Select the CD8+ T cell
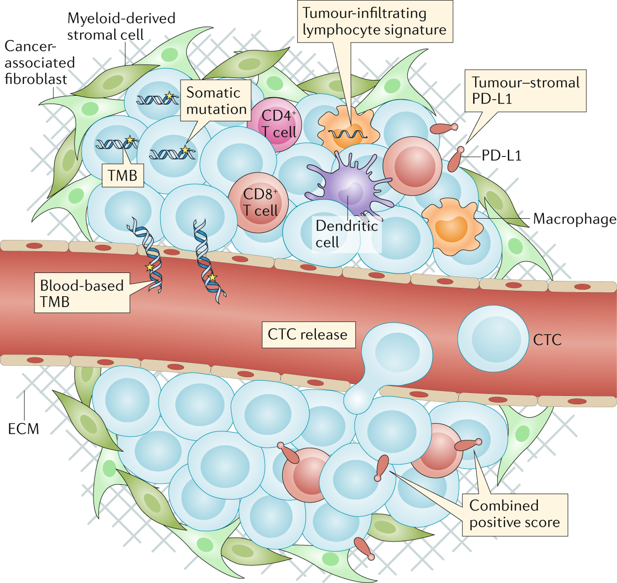click(259, 202)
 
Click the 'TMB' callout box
click(123, 176)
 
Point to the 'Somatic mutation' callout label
click(216, 101)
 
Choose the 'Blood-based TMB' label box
click(82, 293)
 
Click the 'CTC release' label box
click(308, 335)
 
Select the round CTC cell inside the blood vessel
click(492, 339)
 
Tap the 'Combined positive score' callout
click(514, 514)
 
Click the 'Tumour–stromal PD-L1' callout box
click(525, 91)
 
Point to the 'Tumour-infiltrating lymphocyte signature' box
click(374, 21)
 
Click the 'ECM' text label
click(23, 428)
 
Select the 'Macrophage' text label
click(574, 219)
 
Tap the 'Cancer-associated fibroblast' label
click(39, 63)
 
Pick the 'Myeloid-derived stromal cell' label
click(121, 27)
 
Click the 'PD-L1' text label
click(501, 156)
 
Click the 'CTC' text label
click(547, 340)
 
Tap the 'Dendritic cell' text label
click(346, 234)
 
